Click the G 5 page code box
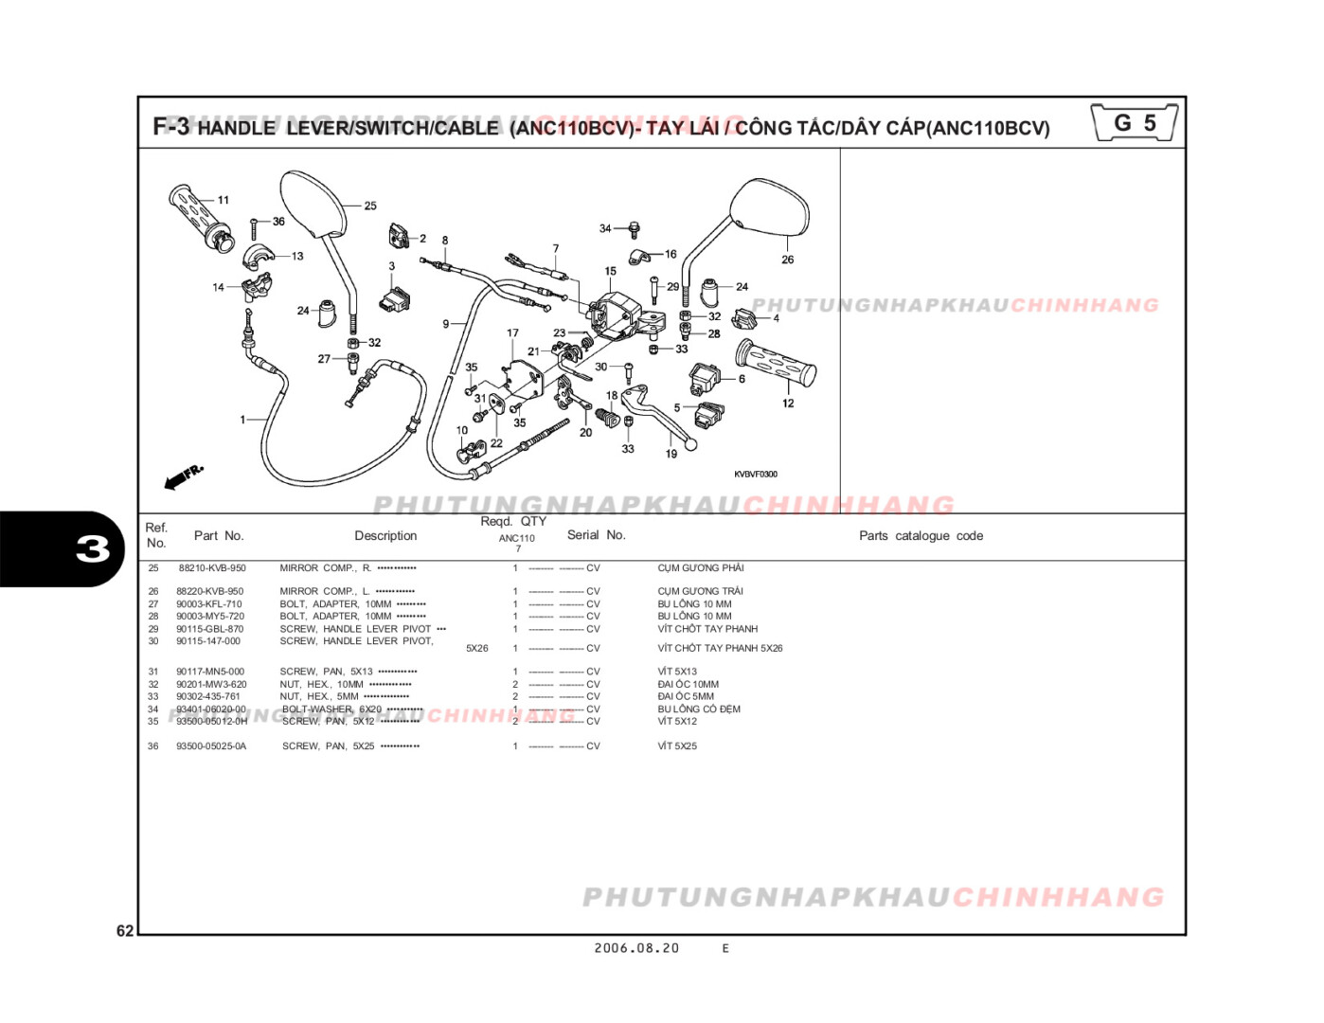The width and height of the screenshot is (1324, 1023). (1134, 123)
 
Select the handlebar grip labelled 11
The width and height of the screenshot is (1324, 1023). (200, 217)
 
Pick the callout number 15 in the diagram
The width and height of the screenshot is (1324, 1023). (610, 271)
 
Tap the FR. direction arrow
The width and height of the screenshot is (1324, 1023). (183, 476)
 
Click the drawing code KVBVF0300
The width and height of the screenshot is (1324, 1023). (755, 475)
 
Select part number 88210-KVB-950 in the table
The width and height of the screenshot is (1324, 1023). (211, 568)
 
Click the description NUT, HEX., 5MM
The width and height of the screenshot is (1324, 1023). (319, 696)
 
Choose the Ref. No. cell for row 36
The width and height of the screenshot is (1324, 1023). (153, 746)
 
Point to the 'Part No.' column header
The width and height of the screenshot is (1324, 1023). (219, 536)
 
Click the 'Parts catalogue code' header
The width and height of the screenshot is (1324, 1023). (921, 536)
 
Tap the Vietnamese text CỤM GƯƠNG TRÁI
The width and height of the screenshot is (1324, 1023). (700, 591)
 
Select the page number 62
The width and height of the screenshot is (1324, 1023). (125, 931)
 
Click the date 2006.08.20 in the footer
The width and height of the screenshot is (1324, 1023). (636, 948)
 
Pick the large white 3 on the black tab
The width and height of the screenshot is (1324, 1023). (93, 549)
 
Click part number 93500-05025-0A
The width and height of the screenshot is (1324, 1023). (211, 746)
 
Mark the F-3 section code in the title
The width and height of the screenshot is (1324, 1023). (171, 126)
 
